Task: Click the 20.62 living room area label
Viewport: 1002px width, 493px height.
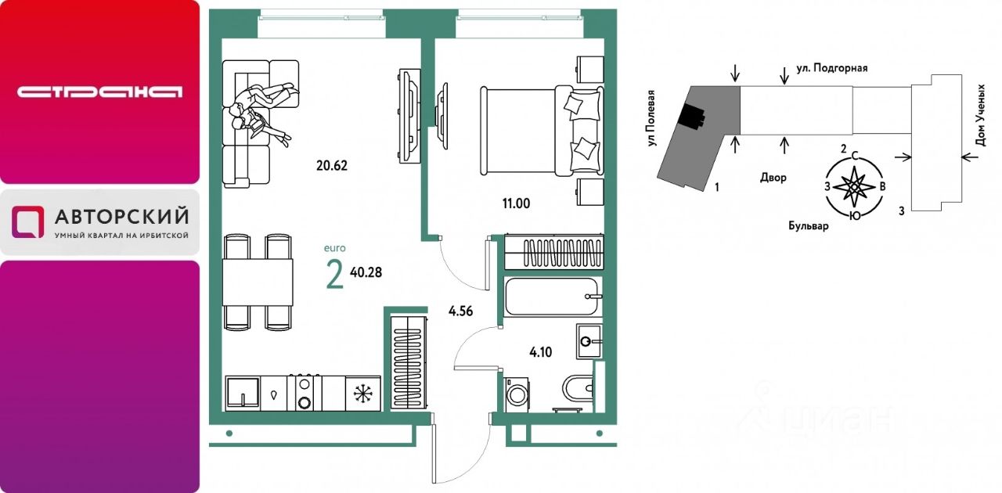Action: (331, 166)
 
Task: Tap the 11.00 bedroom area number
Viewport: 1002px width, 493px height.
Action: (516, 203)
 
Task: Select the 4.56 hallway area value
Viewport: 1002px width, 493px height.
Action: (460, 311)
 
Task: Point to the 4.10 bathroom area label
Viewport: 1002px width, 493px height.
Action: (540, 352)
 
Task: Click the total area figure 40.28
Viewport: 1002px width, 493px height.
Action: (366, 272)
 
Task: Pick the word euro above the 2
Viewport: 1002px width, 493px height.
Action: (334, 248)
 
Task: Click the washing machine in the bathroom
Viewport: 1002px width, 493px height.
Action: (517, 394)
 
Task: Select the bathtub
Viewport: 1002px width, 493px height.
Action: (553, 296)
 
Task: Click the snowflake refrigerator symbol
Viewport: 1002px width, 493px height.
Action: (363, 394)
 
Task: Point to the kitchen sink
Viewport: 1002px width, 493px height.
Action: (243, 394)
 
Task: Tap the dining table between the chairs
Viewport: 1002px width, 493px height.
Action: (258, 282)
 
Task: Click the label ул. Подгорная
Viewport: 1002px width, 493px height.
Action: (831, 68)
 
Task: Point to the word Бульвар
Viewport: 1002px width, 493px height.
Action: (809, 226)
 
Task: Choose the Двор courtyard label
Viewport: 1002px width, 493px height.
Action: (773, 178)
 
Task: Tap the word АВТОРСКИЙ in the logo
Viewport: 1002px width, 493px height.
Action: (121, 217)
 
